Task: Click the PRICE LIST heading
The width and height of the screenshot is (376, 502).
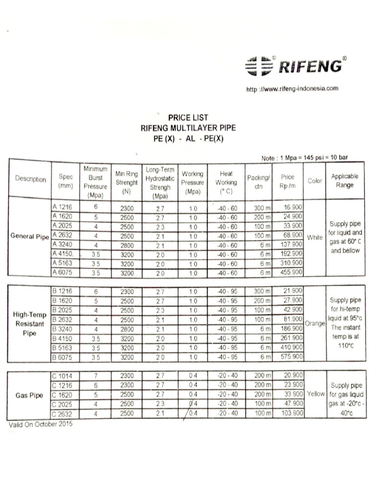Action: tap(188, 118)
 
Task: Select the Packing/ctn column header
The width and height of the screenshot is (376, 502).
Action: tap(258, 181)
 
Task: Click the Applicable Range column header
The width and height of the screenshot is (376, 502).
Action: tap(344, 180)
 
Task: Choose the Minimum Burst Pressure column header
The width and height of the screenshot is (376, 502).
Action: tap(95, 181)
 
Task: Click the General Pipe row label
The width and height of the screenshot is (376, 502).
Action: tap(30, 236)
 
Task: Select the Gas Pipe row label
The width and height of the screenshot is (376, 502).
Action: tap(29, 395)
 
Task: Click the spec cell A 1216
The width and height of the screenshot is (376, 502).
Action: tap(62, 207)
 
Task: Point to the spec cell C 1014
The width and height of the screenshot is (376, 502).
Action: tap(62, 376)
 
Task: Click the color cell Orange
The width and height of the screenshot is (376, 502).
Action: tap(315, 324)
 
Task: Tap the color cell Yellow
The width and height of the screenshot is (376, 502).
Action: tap(316, 394)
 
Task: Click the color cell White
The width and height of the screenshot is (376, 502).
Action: tap(315, 237)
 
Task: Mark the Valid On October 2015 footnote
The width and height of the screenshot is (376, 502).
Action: tap(41, 424)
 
